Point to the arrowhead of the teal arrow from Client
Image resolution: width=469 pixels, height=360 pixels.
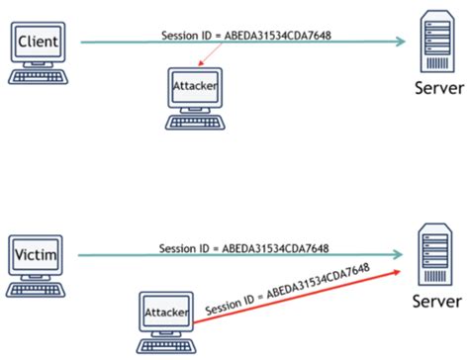401,42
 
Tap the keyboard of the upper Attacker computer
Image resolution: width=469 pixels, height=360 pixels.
194,124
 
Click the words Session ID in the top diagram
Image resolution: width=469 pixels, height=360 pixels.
186,35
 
